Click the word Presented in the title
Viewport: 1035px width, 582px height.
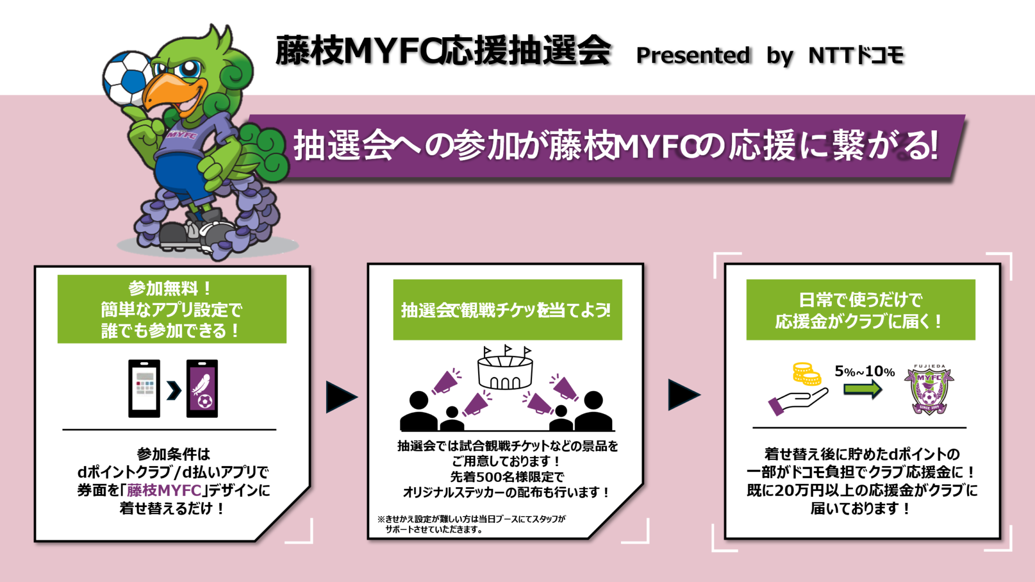[693, 55]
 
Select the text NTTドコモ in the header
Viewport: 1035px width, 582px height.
[855, 55]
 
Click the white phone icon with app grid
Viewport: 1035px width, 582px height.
[144, 388]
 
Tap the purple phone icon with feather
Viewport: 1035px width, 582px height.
[202, 388]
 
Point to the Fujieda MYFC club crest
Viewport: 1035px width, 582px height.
[929, 390]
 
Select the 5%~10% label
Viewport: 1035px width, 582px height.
[865, 371]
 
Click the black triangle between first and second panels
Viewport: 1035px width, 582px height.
[341, 397]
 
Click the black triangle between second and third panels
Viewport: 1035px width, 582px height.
[683, 394]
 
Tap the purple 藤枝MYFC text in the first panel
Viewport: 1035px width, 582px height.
[164, 490]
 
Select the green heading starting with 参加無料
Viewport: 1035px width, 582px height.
[172, 309]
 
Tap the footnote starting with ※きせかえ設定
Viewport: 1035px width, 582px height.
[471, 524]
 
